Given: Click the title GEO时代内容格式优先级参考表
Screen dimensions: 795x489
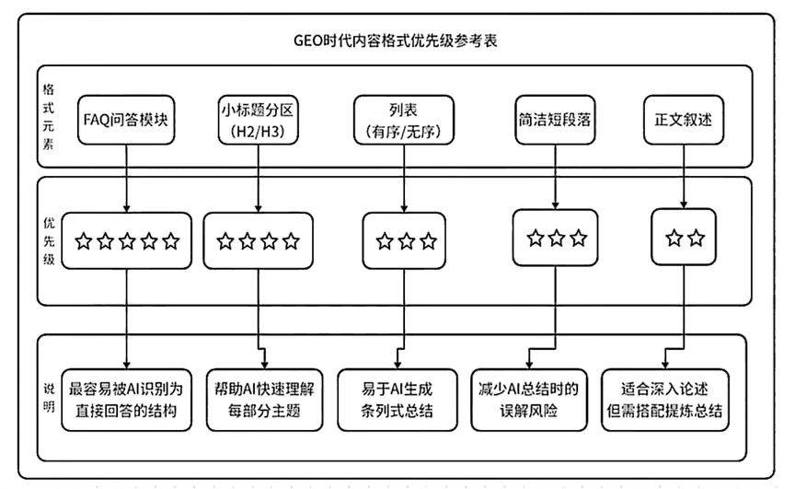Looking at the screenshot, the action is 396,41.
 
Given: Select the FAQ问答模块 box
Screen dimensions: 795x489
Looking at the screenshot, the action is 126,120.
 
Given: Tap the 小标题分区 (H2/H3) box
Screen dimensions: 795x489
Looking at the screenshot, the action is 258,120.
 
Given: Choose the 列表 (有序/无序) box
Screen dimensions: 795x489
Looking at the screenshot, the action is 404,120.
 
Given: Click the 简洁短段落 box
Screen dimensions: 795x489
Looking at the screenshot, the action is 555,120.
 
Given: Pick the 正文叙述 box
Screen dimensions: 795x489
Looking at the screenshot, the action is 684,120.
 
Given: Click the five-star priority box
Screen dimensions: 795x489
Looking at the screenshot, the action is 127,240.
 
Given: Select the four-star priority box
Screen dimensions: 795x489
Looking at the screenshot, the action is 258,240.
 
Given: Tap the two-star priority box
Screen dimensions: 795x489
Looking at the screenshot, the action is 684,237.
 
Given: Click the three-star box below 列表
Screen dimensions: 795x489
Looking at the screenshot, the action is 404,240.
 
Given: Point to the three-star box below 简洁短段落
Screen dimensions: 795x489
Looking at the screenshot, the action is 555,238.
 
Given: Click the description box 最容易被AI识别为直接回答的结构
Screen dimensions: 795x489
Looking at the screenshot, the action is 127,400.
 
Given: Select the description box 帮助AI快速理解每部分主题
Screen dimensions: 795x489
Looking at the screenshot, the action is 265,400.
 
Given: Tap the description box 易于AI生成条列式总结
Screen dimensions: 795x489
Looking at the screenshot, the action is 397,400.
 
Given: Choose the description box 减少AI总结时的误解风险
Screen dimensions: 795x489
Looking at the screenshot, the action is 529,400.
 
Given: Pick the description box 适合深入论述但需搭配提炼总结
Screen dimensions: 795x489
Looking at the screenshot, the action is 664,400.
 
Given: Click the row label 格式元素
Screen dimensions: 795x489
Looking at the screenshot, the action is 48,117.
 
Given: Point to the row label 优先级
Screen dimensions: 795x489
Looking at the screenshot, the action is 49,241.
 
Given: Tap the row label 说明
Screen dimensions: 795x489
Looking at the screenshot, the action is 49,397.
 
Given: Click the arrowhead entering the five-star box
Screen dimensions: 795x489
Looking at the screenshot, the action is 126,208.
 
